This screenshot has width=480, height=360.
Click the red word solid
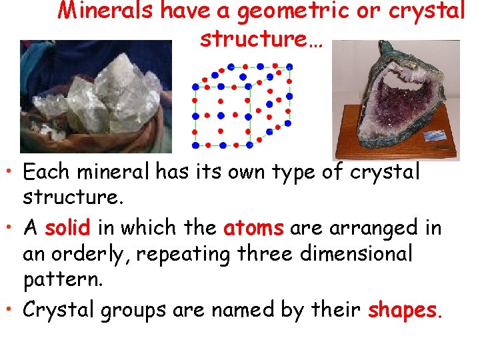[67, 229]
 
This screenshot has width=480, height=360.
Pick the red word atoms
[254, 229]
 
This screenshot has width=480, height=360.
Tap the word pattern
[63, 280]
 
